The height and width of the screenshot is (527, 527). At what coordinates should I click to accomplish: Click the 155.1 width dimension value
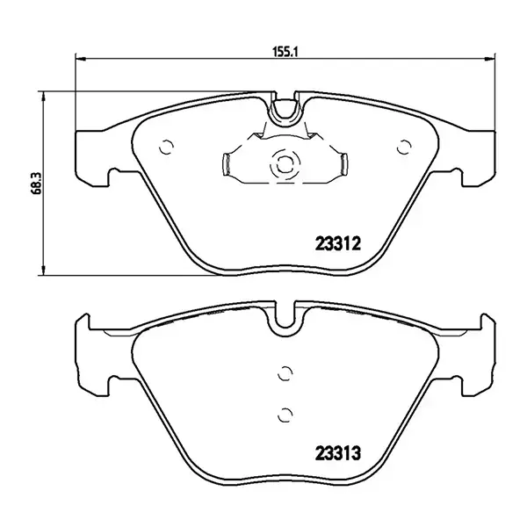(285, 52)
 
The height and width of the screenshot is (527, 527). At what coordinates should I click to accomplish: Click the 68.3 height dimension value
(36, 183)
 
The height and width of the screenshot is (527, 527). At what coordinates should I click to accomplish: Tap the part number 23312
(338, 243)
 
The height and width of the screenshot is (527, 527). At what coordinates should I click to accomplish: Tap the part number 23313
(338, 453)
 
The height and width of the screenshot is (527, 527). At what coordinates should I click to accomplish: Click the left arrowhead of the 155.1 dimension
(81, 59)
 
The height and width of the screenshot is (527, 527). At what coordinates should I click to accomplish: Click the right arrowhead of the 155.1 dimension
(490, 59)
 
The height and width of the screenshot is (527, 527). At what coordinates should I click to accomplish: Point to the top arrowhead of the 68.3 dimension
(43, 97)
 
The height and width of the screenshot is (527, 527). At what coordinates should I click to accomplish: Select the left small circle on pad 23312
(166, 147)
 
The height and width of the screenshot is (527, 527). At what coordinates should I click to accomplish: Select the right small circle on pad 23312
(404, 147)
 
